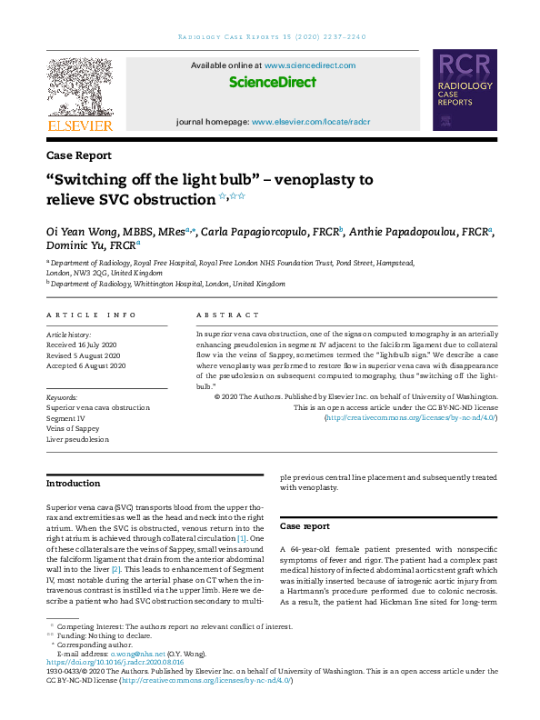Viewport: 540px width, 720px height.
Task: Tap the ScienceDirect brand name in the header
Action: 273,83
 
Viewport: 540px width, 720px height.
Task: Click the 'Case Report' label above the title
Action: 79,155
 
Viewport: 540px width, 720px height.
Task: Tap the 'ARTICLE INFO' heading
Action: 91,315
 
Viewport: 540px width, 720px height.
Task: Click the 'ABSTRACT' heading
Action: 227,315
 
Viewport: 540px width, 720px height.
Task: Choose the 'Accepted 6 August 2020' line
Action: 87,365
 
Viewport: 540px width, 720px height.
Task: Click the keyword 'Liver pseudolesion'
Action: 78,439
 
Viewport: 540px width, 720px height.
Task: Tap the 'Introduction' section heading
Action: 74,484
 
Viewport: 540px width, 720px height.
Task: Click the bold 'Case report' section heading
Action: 305,527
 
